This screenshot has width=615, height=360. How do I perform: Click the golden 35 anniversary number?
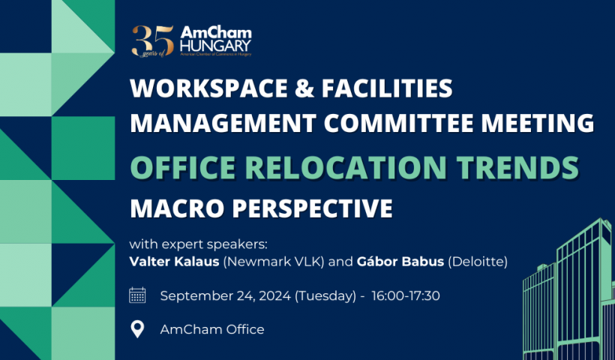pos(153,41)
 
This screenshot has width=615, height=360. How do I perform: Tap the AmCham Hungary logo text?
pos(216,40)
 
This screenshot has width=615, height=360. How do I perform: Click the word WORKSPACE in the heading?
pos(209,88)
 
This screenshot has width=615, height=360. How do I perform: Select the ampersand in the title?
pos(304,88)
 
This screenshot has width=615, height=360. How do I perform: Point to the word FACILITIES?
pos(387,88)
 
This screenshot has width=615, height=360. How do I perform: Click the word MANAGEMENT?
pos(223,123)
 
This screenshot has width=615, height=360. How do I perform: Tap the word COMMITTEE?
pos(398,123)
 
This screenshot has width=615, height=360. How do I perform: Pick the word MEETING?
pos(538,123)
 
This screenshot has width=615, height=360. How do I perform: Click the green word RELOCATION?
pos(346,168)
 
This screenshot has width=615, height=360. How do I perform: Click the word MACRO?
pos(177,208)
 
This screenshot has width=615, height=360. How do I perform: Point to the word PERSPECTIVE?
pos(312,208)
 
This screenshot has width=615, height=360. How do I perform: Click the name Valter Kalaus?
pos(174,262)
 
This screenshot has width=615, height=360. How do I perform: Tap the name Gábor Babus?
pos(400,261)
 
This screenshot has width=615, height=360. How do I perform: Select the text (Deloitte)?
pos(478,262)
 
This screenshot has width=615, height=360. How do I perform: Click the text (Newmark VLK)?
pos(274,262)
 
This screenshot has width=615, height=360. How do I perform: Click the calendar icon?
pos(137,295)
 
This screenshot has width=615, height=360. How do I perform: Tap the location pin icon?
pos(137,329)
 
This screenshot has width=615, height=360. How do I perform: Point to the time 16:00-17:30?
pos(406,295)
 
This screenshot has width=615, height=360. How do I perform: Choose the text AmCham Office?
pos(212,329)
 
